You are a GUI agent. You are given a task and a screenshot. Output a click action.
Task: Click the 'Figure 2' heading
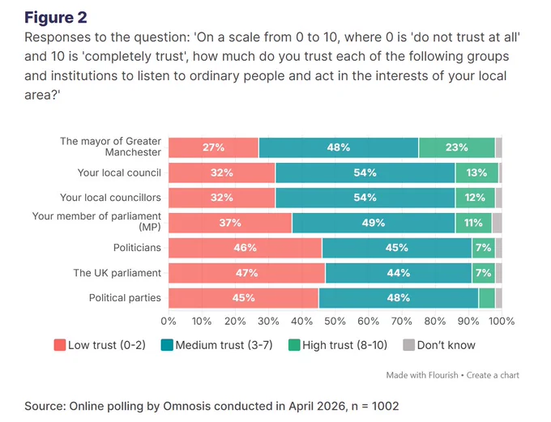[56, 18]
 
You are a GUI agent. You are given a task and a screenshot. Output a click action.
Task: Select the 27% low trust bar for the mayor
[213, 147]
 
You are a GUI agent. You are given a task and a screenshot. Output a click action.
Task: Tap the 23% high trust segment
[457, 147]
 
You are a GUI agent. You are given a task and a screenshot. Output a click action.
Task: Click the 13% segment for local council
[476, 173]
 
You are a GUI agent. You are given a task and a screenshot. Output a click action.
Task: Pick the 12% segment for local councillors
[475, 198]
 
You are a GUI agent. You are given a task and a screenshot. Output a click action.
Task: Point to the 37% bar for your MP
[230, 223]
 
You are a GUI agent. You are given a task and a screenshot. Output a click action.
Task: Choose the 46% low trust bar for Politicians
[246, 248]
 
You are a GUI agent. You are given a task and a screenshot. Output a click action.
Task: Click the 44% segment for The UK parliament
[399, 273]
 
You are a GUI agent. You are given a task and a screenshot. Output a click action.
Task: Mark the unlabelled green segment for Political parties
[487, 298]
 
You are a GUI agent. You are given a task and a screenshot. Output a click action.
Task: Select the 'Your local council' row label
[119, 173]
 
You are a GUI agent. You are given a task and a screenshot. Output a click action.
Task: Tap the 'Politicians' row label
[137, 248]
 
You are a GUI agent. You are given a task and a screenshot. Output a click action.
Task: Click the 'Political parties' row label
[125, 298]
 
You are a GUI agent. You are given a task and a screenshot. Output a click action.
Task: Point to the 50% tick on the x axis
[335, 321]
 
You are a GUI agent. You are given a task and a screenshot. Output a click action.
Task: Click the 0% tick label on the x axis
[169, 321]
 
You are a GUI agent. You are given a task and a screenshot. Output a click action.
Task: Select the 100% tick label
[502, 321]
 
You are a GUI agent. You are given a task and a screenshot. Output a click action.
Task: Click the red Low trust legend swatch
[60, 345]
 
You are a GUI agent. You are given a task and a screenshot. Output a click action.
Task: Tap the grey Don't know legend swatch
[409, 345]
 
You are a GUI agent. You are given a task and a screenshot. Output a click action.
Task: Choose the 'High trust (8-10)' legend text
[344, 345]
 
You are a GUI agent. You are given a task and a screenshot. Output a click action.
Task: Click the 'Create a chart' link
[493, 375]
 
